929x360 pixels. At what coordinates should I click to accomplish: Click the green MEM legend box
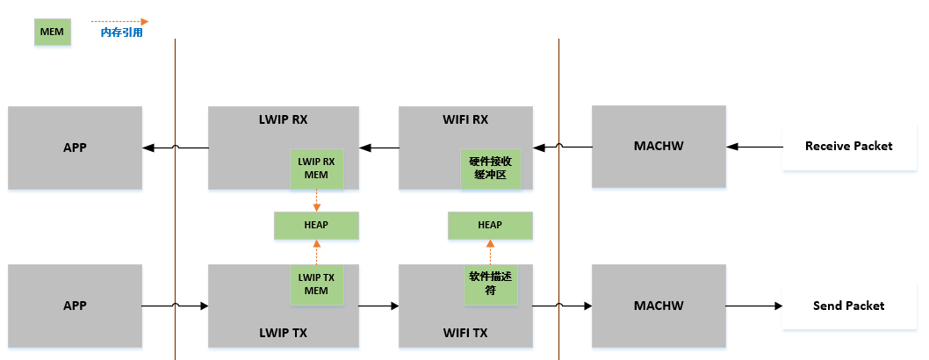(x=53, y=32)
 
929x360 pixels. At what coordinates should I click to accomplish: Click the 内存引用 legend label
(x=121, y=32)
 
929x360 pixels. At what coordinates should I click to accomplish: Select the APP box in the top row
(x=75, y=148)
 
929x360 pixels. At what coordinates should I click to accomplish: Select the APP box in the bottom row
(x=75, y=306)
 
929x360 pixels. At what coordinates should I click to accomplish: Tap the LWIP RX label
(x=284, y=119)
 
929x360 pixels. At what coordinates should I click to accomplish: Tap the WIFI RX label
(x=465, y=119)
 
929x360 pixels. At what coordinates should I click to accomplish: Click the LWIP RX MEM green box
(x=316, y=168)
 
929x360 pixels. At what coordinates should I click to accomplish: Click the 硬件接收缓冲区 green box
(x=491, y=168)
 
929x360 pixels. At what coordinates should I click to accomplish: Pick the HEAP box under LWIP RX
(x=316, y=225)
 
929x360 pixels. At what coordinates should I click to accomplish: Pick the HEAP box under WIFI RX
(x=490, y=225)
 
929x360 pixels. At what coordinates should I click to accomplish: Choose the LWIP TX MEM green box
(x=316, y=284)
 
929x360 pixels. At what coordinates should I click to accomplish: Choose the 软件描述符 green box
(x=491, y=284)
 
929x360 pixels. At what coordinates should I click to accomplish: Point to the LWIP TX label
(x=283, y=333)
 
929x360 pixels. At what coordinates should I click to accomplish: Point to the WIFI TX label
(x=465, y=333)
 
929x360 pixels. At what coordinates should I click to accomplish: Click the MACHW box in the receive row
(x=659, y=147)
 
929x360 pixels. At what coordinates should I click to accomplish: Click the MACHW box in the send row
(x=659, y=306)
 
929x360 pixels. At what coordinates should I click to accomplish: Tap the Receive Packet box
(x=848, y=146)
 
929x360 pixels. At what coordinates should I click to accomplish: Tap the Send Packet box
(x=848, y=306)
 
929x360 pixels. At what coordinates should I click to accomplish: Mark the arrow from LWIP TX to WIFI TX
(x=378, y=306)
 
